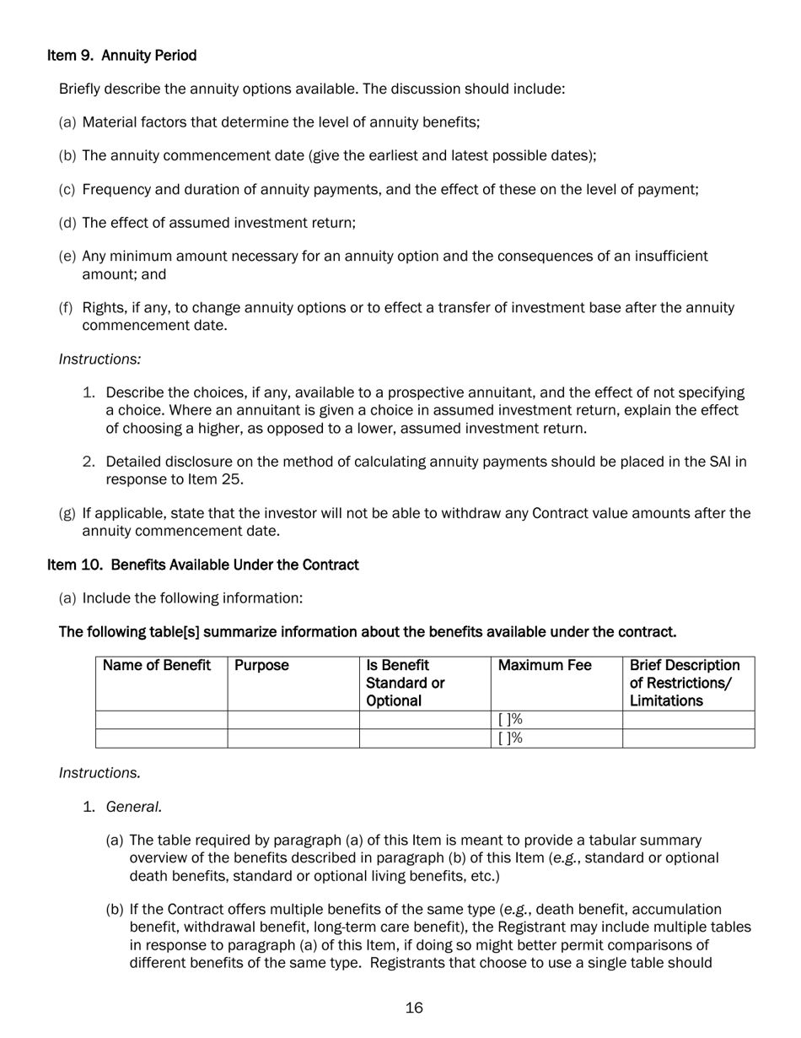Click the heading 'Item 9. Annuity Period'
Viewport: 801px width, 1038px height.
[121, 56]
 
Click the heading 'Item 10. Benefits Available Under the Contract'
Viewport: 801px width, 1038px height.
[202, 565]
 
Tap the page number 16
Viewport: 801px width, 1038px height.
[413, 1008]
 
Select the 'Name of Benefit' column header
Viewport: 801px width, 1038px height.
[157, 666]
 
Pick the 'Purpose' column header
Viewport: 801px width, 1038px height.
[261, 666]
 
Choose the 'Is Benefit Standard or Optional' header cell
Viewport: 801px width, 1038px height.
[406, 683]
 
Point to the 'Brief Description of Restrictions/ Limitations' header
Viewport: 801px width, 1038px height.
[685, 683]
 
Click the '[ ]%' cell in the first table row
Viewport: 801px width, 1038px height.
[510, 720]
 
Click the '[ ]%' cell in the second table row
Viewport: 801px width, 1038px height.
[510, 738]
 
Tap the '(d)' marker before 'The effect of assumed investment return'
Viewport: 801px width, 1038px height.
[67, 223]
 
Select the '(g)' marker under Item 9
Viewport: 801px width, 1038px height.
[67, 513]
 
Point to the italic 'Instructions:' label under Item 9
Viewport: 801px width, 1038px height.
[99, 360]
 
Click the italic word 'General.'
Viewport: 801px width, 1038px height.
[134, 807]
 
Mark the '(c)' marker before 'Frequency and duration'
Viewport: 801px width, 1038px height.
[67, 190]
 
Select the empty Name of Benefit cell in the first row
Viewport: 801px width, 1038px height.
[161, 720]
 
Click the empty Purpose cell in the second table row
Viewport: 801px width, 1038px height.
[293, 738]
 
